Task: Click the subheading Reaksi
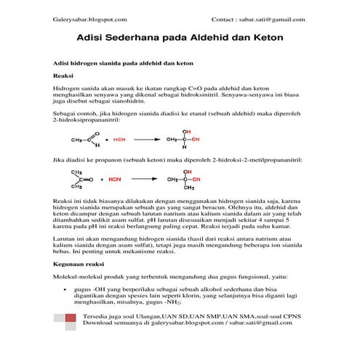pos(65,75)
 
